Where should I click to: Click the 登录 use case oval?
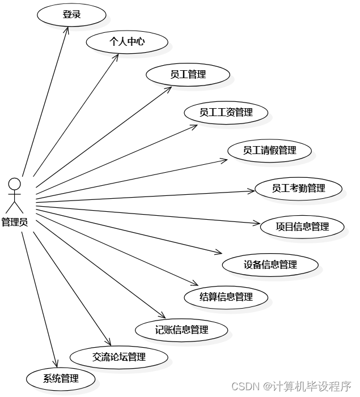(71, 15)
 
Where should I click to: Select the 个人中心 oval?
(127, 41)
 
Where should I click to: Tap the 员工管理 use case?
(188, 74)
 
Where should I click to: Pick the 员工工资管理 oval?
(226, 112)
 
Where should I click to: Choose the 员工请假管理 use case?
(269, 151)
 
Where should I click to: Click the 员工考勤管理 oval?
(298, 188)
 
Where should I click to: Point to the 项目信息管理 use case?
(302, 227)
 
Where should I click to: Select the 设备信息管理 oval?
(270, 264)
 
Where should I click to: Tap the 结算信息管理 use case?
(226, 297)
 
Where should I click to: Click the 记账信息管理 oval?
(181, 330)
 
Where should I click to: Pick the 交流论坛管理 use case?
(119, 357)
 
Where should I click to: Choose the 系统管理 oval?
(61, 379)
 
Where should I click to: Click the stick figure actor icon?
(15, 195)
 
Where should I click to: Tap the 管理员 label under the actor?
(15, 222)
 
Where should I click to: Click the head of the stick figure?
(15, 183)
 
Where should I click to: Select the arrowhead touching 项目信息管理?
(257, 224)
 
